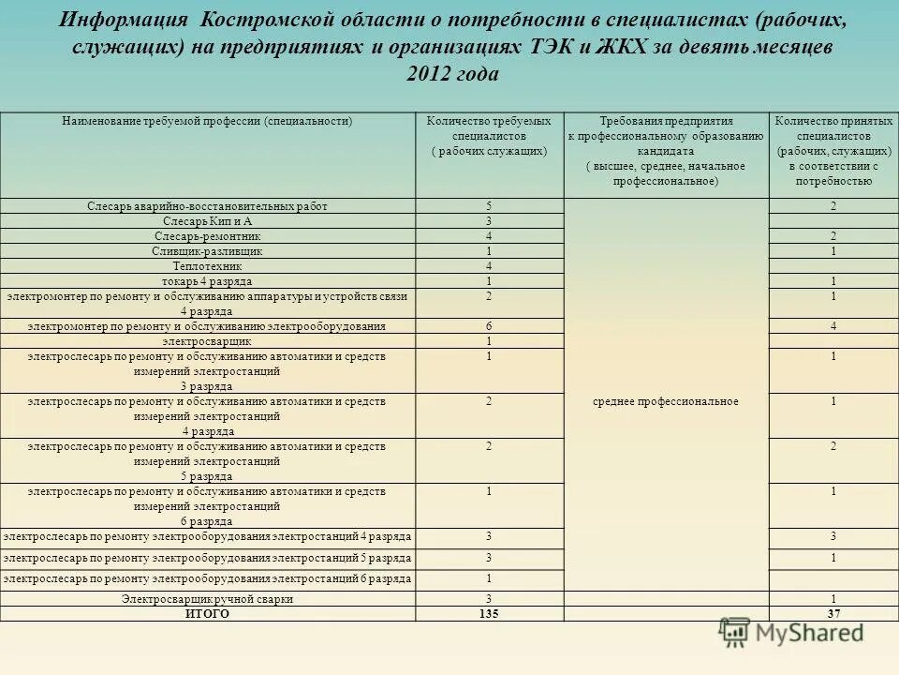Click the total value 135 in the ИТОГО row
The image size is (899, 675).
coord(488,614)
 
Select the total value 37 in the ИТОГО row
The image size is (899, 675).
coord(833,614)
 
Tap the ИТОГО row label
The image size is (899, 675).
coord(207,614)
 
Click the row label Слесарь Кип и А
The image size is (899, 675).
coord(207,221)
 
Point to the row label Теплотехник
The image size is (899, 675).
coord(207,266)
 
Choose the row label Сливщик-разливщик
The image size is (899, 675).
coord(207,251)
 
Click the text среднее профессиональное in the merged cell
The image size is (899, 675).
coord(666,401)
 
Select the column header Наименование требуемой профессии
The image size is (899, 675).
coord(207,122)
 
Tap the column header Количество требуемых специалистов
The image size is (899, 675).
coord(489,136)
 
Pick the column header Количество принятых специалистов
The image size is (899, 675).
coord(833,150)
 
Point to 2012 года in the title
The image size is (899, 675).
coord(452,75)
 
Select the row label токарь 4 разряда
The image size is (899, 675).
coord(207,281)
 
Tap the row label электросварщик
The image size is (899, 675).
coord(207,341)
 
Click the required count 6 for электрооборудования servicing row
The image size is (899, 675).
coord(489,326)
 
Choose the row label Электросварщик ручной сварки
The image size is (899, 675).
coord(207,599)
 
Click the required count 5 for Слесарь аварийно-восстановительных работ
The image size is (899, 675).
coord(489,206)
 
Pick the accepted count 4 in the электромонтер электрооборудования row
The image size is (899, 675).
coord(833,326)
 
